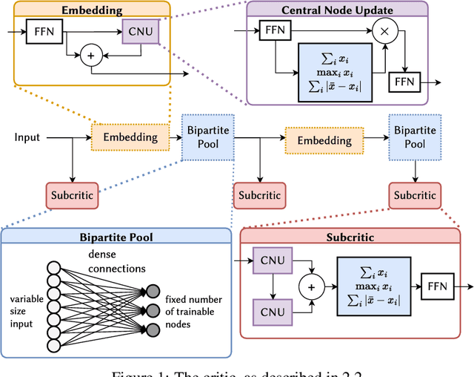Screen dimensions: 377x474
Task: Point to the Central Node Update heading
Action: (337, 10)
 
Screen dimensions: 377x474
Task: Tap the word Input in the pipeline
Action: (27, 137)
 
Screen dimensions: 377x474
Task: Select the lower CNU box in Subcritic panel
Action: (273, 309)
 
